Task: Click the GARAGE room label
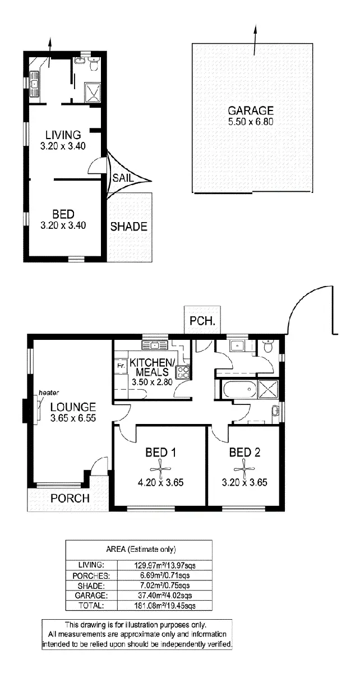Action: (250, 110)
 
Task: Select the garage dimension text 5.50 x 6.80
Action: (250, 122)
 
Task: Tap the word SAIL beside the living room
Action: (123, 178)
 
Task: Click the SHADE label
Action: (128, 227)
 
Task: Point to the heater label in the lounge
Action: (49, 393)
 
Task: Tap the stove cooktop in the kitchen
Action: (183, 371)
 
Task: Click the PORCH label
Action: (70, 498)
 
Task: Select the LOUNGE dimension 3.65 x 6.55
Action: (73, 418)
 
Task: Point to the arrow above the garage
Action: (256, 40)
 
